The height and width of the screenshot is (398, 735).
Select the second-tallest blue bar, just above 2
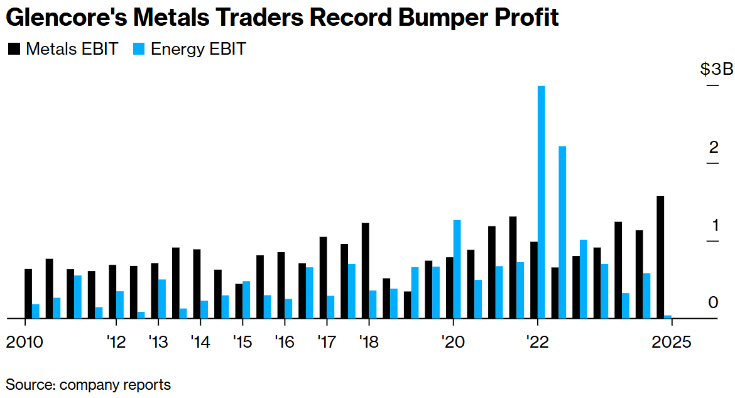pos(562,233)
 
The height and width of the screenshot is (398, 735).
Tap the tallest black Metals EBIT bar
pos(660,258)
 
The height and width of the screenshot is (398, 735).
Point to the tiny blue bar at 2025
pos(668,317)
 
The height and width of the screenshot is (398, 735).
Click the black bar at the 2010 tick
pos(28,294)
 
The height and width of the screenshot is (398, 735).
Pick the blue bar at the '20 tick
pos(457,269)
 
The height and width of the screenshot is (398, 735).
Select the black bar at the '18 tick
pos(365,271)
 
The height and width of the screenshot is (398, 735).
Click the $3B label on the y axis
pos(717,69)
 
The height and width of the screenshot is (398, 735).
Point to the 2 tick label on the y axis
pos(713,148)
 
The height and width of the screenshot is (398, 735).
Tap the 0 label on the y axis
pos(713,302)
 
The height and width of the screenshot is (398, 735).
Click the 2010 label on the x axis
pos(25,343)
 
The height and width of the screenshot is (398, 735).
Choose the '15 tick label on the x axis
pos(242,343)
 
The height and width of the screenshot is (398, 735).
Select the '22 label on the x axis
pos(538,343)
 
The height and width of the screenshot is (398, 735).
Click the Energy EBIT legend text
pos(198,49)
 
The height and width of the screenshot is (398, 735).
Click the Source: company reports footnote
pos(88,384)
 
